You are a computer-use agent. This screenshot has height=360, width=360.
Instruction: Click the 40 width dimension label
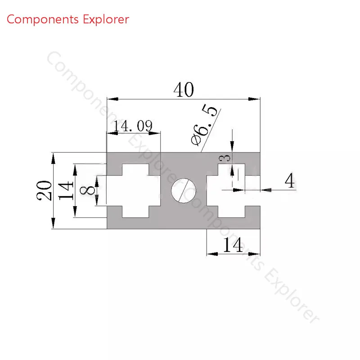point(184,90)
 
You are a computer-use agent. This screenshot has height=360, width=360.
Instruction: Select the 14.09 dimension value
point(133,126)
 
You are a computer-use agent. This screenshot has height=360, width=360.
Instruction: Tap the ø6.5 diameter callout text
point(204,125)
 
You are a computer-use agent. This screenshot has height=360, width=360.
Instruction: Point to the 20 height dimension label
point(44,190)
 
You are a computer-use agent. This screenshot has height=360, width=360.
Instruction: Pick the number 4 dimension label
point(290,180)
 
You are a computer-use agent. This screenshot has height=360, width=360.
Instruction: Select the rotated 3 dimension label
point(224,158)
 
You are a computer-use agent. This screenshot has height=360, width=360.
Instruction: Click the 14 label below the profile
point(233,245)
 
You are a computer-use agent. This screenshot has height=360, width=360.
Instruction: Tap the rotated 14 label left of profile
point(66,190)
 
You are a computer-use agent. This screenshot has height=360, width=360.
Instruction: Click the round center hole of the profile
point(184,190)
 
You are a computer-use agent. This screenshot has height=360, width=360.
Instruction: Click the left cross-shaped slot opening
point(134,190)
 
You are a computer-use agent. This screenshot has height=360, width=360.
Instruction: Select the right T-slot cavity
point(231,190)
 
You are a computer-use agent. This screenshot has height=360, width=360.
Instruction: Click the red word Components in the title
point(43,19)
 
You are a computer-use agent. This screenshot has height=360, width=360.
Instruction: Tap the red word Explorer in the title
point(106,19)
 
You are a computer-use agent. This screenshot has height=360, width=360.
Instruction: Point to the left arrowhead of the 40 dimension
point(112,99)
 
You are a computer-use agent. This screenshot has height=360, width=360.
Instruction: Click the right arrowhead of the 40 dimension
point(254,99)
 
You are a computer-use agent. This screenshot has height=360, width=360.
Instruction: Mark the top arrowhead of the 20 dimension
point(53,158)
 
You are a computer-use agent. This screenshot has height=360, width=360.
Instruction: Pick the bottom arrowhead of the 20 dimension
point(53,223)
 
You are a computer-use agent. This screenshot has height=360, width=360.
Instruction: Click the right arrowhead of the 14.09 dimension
point(154,133)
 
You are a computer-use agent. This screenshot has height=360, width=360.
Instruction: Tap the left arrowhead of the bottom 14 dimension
point(212,254)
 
